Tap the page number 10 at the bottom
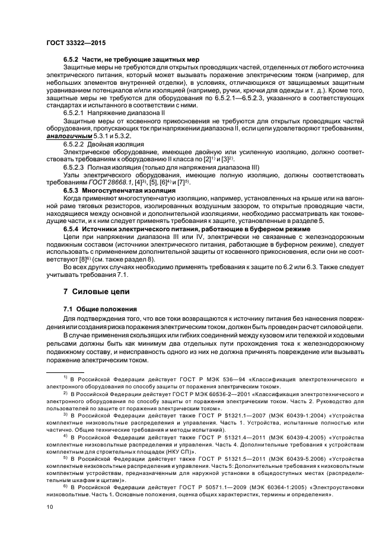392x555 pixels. click(50, 507)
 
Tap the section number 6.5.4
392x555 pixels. click(74, 228)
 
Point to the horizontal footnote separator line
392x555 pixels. click(67, 371)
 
